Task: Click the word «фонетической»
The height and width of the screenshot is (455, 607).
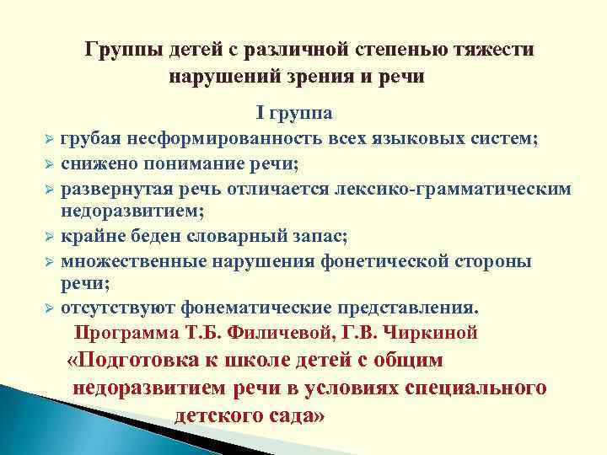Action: click(x=387, y=261)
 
